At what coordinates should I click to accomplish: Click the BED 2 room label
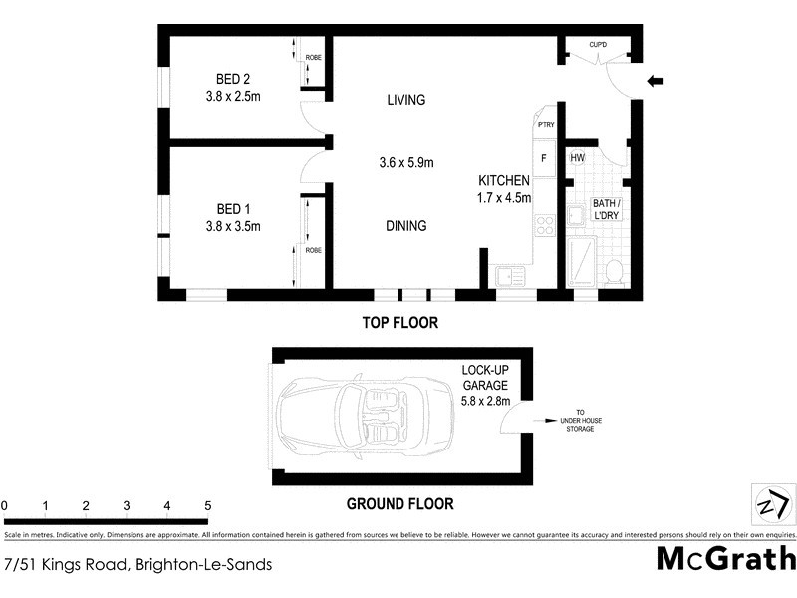(x=232, y=80)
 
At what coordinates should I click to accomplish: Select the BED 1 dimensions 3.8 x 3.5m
(x=232, y=226)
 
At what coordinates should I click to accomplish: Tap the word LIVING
(x=405, y=100)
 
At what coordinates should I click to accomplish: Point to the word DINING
(x=405, y=226)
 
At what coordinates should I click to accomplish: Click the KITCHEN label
(x=505, y=180)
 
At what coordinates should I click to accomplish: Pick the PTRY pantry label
(x=546, y=124)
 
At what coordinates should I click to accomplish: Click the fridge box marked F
(x=544, y=157)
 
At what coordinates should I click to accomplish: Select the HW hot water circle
(x=577, y=158)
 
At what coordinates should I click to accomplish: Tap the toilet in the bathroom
(x=615, y=271)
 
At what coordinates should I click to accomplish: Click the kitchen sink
(x=511, y=275)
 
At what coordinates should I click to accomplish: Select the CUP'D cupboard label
(x=598, y=45)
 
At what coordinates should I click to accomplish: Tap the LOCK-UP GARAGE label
(x=485, y=385)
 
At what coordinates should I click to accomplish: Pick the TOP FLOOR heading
(x=400, y=323)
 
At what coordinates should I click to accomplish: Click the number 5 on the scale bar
(x=207, y=506)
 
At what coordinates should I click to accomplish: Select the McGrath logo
(x=725, y=558)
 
